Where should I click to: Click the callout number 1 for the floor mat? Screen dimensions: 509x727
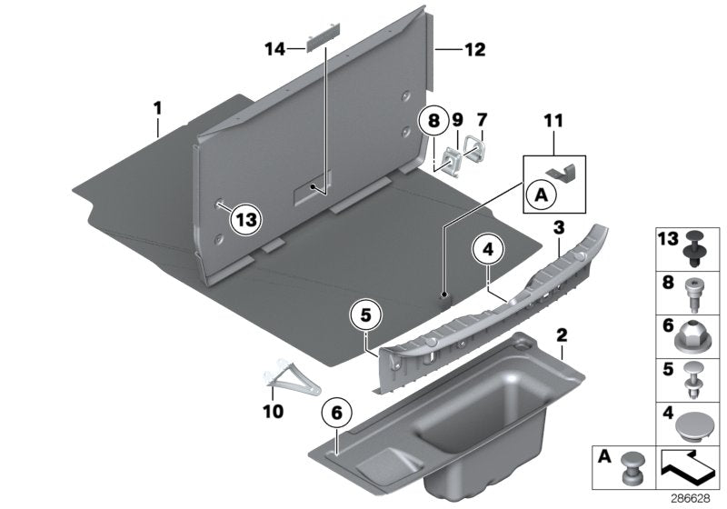(x=157, y=108)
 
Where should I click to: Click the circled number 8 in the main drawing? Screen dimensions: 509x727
(x=433, y=119)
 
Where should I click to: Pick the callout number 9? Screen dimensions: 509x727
(x=457, y=119)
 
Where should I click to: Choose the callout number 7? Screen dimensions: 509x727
(x=482, y=119)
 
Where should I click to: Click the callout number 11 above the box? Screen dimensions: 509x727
(x=554, y=144)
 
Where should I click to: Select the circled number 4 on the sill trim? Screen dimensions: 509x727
(x=488, y=247)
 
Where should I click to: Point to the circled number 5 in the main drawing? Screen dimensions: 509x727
(x=366, y=317)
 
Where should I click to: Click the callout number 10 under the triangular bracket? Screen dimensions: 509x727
(x=273, y=411)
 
